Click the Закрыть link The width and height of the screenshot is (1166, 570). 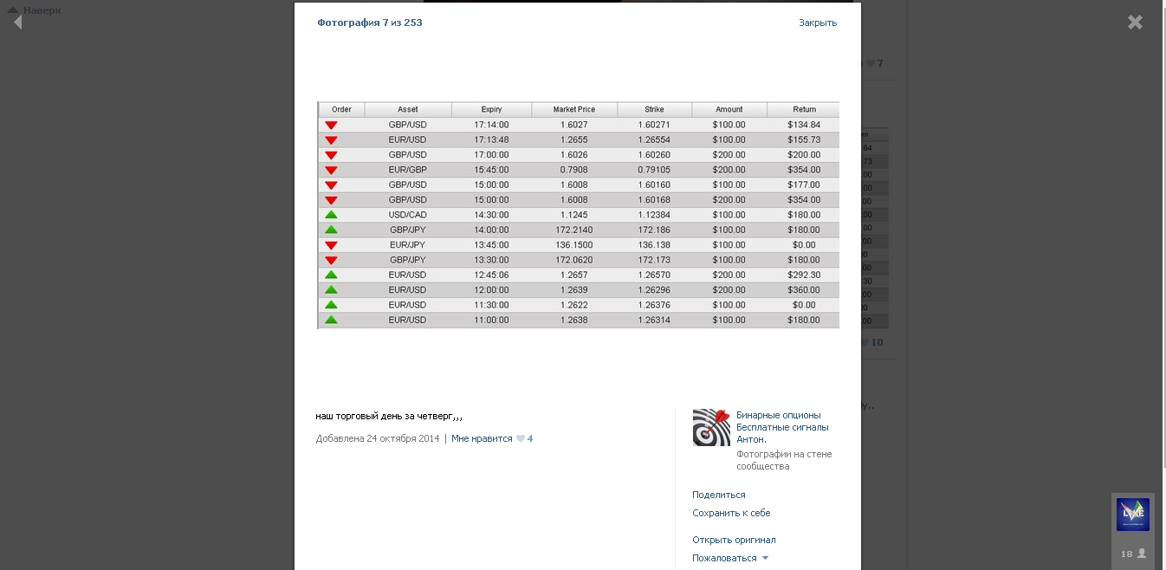pos(817,23)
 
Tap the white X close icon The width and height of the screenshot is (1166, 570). pos(1135,23)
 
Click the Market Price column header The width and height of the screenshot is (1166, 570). pos(573,109)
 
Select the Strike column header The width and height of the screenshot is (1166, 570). pos(654,109)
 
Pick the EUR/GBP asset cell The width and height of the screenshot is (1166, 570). pos(407,170)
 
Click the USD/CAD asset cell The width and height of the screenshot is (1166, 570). pos(407,215)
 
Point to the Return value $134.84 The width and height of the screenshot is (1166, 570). pos(803,125)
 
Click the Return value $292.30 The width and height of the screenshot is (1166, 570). pos(803,275)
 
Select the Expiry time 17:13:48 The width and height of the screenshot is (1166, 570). pos(491,139)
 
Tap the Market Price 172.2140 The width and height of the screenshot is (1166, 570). pos(573,230)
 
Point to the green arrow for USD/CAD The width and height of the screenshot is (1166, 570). pos(331,215)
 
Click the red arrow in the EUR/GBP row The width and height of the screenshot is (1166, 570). pos(331,170)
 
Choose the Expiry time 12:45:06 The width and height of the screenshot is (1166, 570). pos(491,275)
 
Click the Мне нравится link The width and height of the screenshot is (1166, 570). pos(482,438)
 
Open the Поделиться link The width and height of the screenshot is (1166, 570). pos(718,495)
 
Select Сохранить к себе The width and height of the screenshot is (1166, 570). pos(731,513)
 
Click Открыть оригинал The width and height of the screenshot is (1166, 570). pos(734,540)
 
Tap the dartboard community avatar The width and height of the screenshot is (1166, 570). pos(711,427)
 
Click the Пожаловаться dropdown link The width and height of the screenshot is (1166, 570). pos(725,558)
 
